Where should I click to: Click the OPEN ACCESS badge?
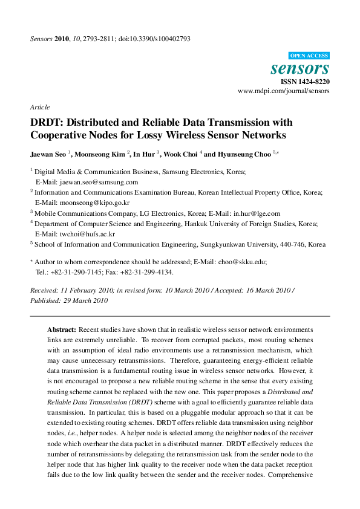tap(309, 54)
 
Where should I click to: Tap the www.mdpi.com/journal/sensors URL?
tap(284, 91)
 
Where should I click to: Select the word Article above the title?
tap(40, 107)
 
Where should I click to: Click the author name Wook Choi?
tap(182, 154)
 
